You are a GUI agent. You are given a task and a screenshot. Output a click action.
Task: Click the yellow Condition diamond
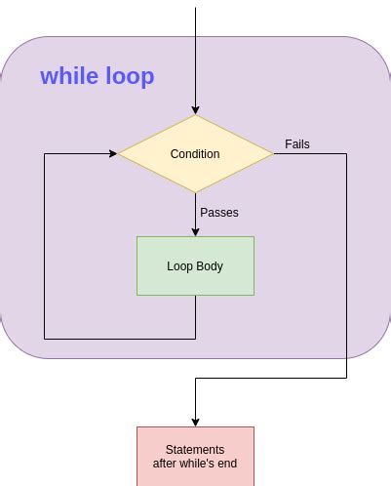(x=195, y=153)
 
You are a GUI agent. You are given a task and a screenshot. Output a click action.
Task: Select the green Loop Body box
(x=195, y=265)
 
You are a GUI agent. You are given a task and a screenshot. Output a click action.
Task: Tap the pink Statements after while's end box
(x=195, y=456)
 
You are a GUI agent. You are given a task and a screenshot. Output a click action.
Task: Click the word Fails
(x=297, y=144)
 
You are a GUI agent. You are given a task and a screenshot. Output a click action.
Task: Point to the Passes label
(x=219, y=212)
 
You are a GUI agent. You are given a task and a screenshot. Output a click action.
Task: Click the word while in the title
(x=69, y=76)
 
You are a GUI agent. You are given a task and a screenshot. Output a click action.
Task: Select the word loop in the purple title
(x=129, y=76)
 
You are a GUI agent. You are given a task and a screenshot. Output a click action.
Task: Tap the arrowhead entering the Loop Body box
(x=195, y=231)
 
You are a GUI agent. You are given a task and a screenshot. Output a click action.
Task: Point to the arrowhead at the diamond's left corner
(x=112, y=153)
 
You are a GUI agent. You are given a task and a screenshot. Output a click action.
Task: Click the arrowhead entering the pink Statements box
(x=195, y=422)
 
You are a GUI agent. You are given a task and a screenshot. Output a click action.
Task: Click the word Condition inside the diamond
(x=195, y=154)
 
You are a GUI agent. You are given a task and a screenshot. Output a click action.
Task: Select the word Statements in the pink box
(x=195, y=450)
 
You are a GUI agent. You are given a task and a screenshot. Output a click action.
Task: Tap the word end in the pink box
(x=226, y=464)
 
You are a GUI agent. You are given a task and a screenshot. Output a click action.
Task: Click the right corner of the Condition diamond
(x=272, y=153)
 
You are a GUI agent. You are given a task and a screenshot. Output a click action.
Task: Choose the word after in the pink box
(x=168, y=464)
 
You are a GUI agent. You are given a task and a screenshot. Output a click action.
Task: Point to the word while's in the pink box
(x=199, y=464)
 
